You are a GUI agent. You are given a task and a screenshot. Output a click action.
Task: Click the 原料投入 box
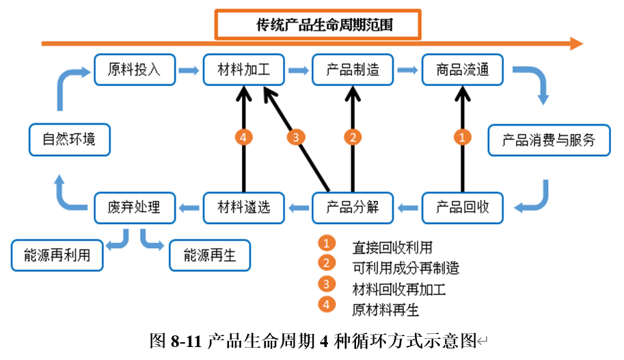[135, 69]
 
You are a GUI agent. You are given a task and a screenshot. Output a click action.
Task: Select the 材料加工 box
[244, 69]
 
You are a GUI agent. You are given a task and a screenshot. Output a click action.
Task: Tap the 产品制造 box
[353, 69]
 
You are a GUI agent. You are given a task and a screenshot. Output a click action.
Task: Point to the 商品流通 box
[462, 69]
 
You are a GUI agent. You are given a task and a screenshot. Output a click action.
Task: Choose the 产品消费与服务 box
[549, 140]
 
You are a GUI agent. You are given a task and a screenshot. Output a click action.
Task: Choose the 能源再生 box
[210, 255]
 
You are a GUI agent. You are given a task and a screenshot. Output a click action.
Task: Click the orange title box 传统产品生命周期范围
[317, 25]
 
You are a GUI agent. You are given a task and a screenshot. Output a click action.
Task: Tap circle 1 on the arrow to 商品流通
[463, 137]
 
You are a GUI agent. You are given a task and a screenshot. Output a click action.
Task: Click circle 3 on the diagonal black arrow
[295, 137]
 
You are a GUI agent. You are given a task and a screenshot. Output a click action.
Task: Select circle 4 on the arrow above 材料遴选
[244, 137]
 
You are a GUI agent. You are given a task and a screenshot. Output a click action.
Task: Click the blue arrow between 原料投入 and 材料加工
[189, 69]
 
